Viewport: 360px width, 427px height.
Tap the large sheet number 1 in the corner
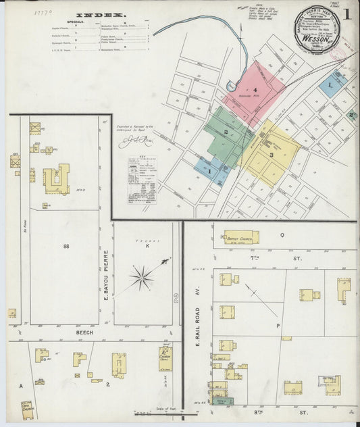(346, 14)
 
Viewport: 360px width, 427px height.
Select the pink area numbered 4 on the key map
(255, 88)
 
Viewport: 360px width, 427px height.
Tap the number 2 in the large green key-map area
(226, 132)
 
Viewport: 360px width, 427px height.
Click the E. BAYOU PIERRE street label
(106, 275)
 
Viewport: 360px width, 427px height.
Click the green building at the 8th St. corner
(221, 401)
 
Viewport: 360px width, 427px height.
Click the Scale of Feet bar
(157, 413)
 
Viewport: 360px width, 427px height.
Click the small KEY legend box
(142, 178)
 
